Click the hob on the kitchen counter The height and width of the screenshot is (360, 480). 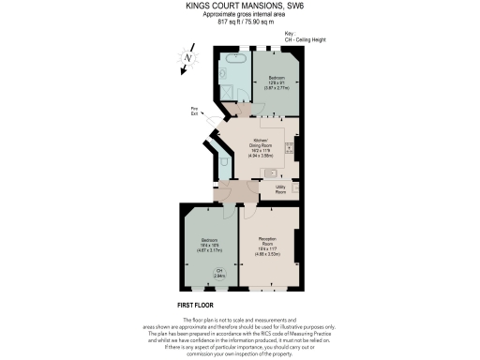coord(290,149)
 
